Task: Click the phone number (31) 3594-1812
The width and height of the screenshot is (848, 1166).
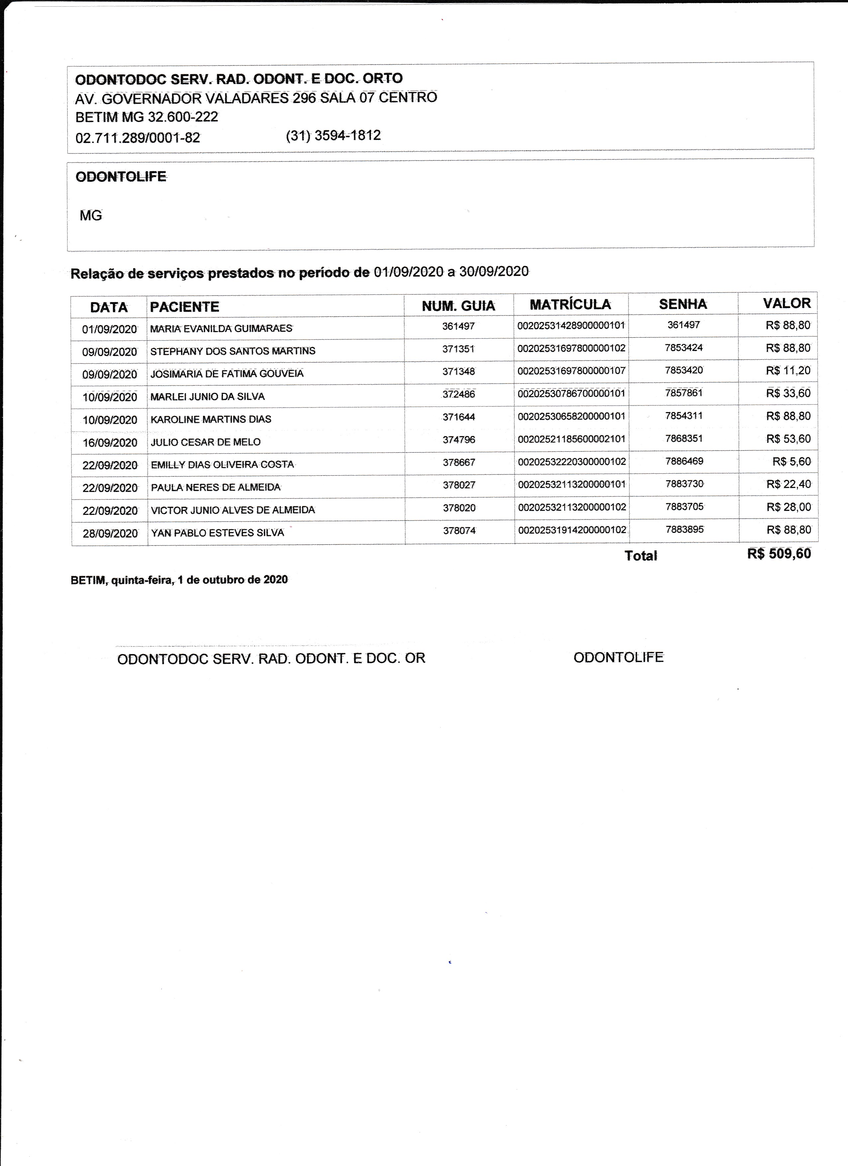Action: click(333, 136)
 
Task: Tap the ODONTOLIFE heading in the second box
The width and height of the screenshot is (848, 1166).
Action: click(121, 177)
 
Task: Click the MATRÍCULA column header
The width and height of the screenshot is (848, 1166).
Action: click(571, 304)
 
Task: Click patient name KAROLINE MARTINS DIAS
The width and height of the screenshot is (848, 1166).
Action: click(211, 419)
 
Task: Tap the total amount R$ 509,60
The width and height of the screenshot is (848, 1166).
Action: click(779, 554)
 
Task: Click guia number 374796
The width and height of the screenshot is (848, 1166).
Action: click(459, 439)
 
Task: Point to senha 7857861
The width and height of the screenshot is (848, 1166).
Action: click(684, 393)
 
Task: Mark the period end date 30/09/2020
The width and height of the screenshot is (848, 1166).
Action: click(494, 272)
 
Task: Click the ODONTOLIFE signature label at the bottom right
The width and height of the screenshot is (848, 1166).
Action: click(618, 657)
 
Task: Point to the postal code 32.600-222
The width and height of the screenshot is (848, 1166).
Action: click(183, 117)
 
